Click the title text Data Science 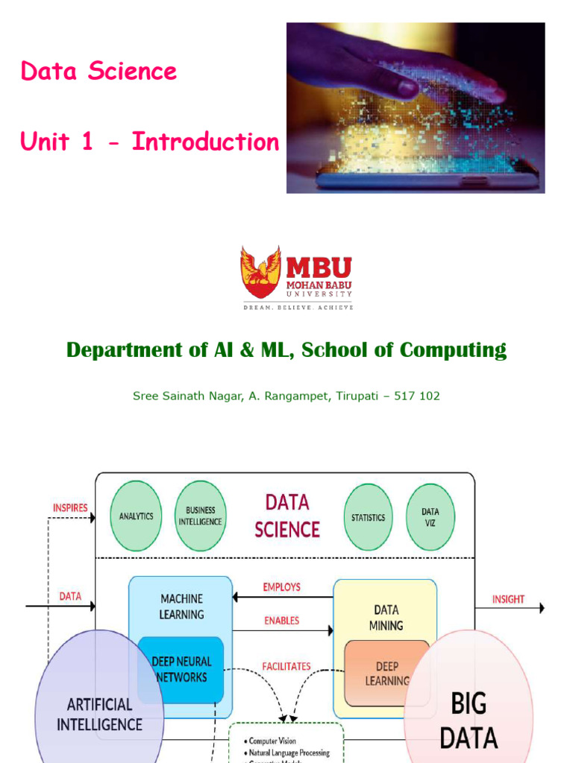(x=98, y=72)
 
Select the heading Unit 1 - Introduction (x=149, y=142)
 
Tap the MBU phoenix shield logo (x=260, y=272)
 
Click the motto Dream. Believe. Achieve (x=296, y=306)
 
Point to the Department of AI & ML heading (x=286, y=349)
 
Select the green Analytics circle (x=136, y=516)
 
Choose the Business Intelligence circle (x=199, y=516)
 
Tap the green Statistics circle (x=368, y=517)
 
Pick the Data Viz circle (x=430, y=517)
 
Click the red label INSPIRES (x=70, y=507)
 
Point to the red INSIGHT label (x=508, y=599)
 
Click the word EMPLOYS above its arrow (x=281, y=587)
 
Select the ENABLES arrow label (x=281, y=620)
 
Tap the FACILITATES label (x=286, y=666)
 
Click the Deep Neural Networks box (x=181, y=669)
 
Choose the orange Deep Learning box (x=386, y=673)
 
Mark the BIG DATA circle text (x=469, y=720)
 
